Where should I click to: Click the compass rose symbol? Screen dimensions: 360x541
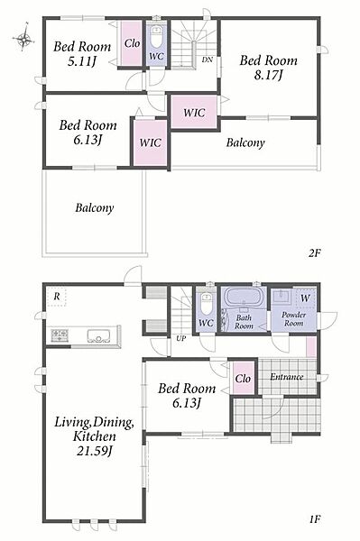[x=23, y=37]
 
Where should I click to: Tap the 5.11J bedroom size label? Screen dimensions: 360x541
[x=81, y=61]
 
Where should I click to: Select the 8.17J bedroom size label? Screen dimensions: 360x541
[x=268, y=75]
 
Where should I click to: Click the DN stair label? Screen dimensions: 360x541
[x=208, y=60]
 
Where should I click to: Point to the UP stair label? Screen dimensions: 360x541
[x=180, y=338]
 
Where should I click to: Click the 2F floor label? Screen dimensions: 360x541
[x=315, y=253]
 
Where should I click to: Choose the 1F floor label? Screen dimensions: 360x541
[x=315, y=519]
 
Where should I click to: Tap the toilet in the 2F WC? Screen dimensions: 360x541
[x=156, y=37]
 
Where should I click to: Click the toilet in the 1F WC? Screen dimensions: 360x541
[x=206, y=303]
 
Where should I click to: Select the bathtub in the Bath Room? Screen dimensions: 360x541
[x=244, y=297]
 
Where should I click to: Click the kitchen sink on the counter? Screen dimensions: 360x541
[x=98, y=335]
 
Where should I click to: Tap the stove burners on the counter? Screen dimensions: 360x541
[x=60, y=335]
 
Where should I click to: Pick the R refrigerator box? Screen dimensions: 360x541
[x=57, y=297]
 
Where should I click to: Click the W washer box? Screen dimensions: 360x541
[x=305, y=298]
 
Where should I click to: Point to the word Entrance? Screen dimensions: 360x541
[x=287, y=377]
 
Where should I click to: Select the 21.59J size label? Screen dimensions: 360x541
[x=94, y=451]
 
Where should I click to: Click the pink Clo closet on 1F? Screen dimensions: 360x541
[x=243, y=379]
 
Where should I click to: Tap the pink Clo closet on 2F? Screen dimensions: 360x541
[x=132, y=43]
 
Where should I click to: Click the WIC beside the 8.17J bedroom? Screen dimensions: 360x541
[x=194, y=112]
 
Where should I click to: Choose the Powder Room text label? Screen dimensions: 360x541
[x=293, y=319]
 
